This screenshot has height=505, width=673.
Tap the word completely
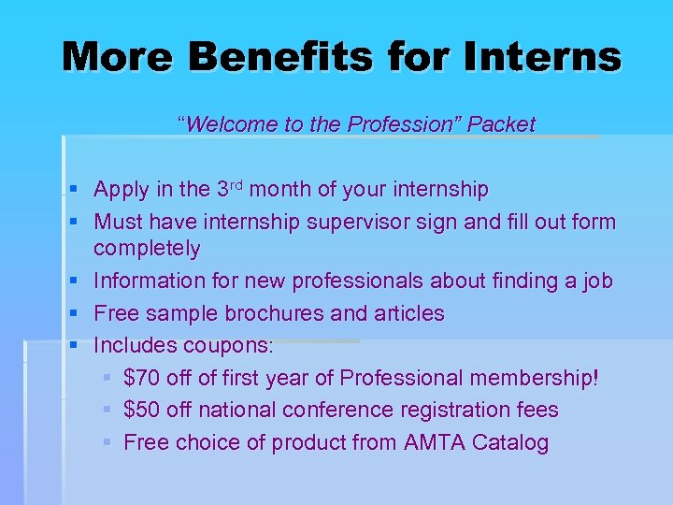(147, 249)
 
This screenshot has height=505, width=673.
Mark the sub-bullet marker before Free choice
(107, 442)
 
